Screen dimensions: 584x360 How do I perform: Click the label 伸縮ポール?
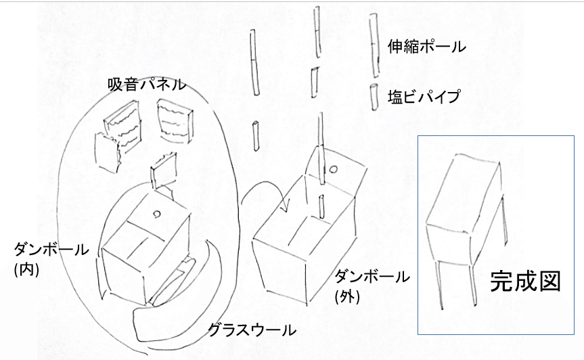426,47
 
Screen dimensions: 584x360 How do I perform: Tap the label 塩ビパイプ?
424,97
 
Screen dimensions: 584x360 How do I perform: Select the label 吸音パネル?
147,85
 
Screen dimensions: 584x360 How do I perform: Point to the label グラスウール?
252,330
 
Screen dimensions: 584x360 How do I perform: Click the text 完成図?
525,282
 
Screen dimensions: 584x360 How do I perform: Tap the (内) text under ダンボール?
26,269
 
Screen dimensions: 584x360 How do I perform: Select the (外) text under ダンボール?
347,296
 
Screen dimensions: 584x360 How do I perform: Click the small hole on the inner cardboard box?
157,214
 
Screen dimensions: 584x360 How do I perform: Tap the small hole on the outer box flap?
334,170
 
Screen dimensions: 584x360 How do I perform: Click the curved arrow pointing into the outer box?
261,186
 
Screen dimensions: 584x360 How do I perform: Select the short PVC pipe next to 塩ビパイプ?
374,97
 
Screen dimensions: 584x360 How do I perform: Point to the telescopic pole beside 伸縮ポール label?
374,45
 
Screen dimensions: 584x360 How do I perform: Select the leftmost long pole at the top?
254,62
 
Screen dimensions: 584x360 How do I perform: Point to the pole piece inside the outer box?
321,206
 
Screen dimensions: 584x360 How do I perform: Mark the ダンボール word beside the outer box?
372,277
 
